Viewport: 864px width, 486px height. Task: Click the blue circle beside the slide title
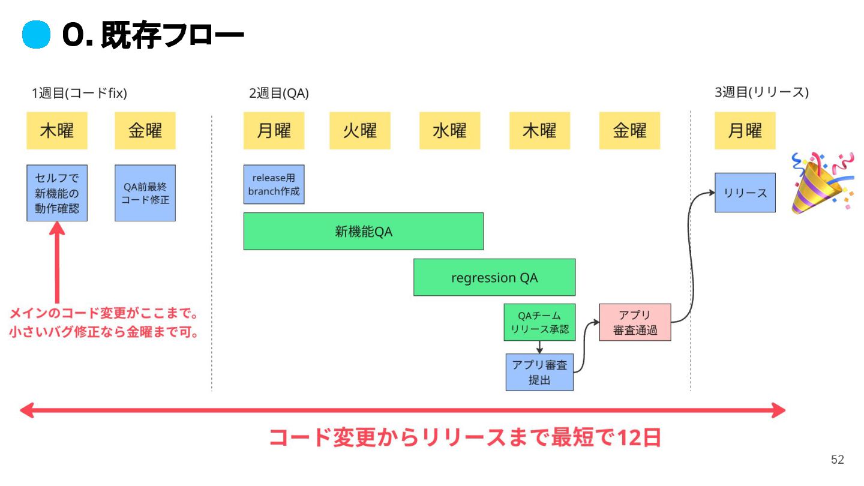pos(35,35)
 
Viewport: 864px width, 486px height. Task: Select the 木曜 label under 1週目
pos(57,130)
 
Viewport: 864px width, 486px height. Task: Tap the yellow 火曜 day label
pos(359,130)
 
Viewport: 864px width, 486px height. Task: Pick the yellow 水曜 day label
pos(449,130)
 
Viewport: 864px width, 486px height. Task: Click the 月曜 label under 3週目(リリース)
pos(745,130)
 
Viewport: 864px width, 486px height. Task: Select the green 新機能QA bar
pos(363,231)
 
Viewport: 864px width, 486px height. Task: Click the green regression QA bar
pos(494,277)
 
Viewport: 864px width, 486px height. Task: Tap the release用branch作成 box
pos(274,184)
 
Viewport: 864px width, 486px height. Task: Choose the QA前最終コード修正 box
pos(145,193)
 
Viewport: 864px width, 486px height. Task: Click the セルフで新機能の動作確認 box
pos(57,193)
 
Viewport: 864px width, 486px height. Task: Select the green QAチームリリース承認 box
pos(539,322)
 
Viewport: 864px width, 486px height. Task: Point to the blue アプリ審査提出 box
pos(539,372)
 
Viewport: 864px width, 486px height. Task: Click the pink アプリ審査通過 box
pos(635,322)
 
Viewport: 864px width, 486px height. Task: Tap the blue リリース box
pos(745,193)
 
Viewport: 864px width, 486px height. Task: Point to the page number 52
pos(837,460)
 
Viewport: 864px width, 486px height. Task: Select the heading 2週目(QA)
pos(279,93)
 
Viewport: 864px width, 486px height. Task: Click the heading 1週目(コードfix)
pos(79,93)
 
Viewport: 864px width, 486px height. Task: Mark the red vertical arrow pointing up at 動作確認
pos(57,264)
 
